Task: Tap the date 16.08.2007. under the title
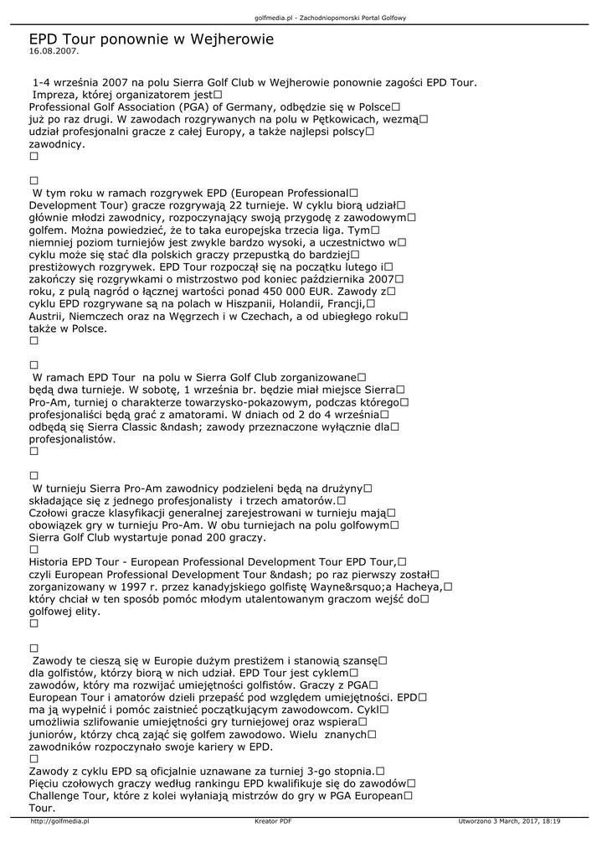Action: pos(54,51)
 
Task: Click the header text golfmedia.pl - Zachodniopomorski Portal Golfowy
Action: pos(330,18)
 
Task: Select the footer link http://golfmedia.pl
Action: pos(59,822)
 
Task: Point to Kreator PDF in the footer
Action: pos(273,822)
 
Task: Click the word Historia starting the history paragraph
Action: pos(52,562)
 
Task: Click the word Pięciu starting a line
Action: pos(47,783)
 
